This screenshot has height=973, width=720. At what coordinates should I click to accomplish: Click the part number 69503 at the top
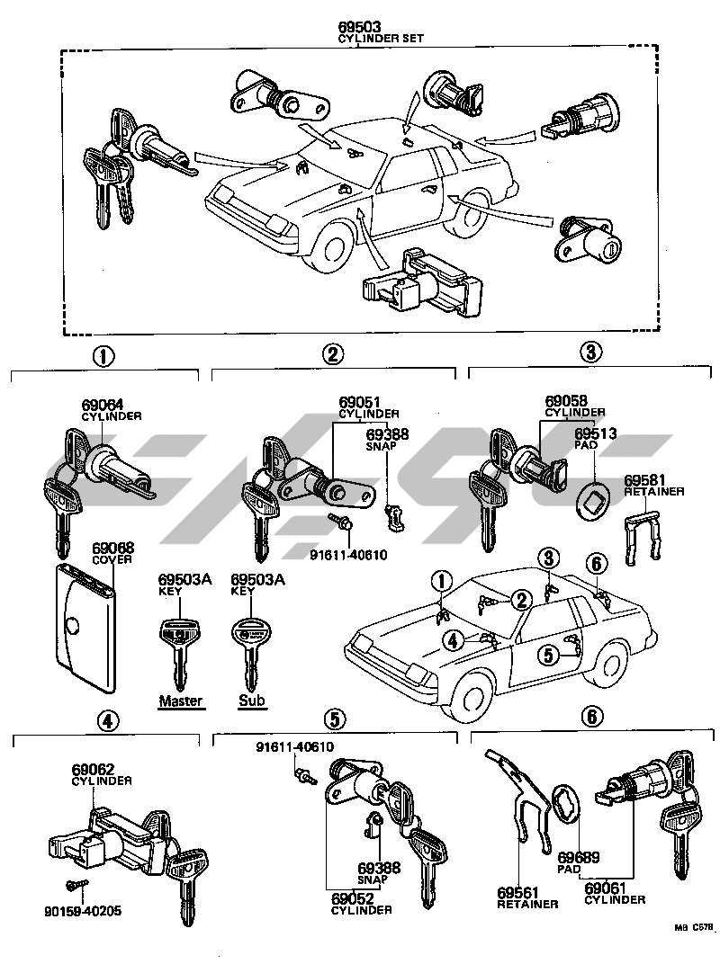tap(358, 29)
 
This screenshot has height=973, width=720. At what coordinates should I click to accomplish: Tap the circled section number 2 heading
tap(333, 355)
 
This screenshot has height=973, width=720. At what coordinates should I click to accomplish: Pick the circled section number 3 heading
tap(589, 353)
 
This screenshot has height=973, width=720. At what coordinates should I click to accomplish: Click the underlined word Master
tap(181, 701)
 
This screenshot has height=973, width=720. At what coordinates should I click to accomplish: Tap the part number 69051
tap(358, 402)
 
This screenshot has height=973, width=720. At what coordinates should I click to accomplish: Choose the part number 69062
tap(94, 770)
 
